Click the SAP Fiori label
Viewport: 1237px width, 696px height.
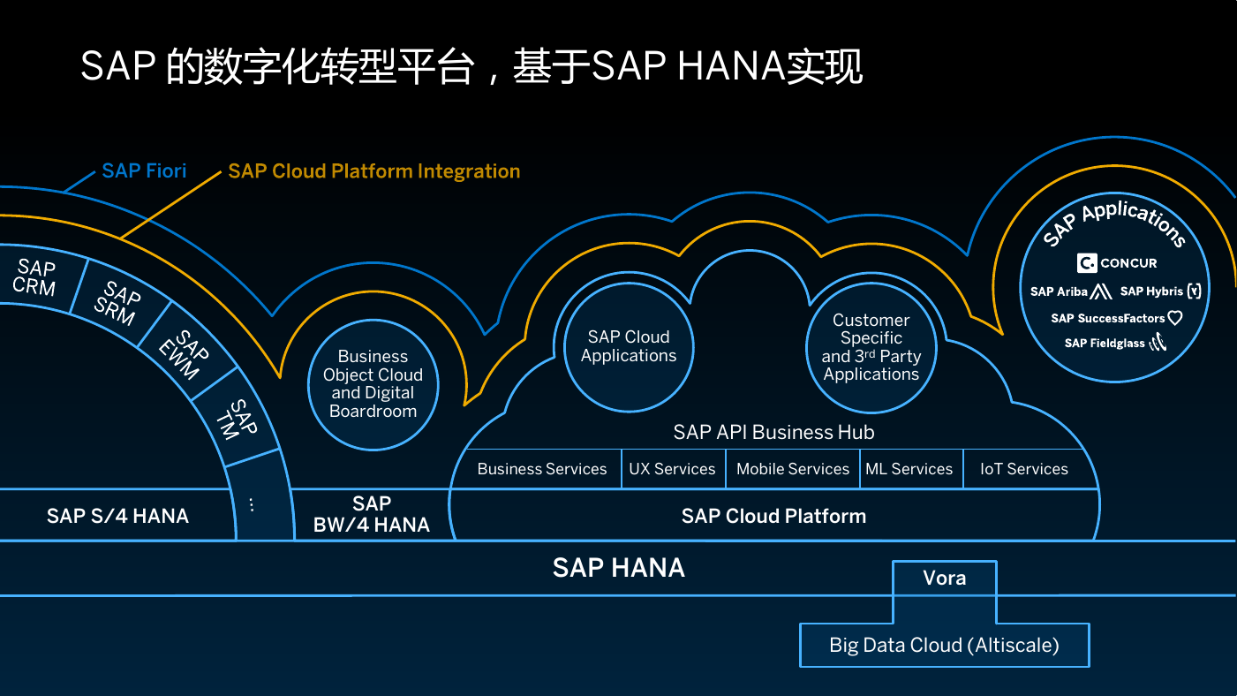(x=144, y=170)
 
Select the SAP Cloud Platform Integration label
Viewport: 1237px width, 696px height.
(x=373, y=171)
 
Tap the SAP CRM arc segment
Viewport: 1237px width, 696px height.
(x=38, y=277)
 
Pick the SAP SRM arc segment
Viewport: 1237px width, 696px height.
(x=117, y=303)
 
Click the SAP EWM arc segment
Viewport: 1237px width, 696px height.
(x=185, y=353)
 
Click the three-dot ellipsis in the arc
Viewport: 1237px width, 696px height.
(x=252, y=504)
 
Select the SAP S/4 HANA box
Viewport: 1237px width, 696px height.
(x=117, y=515)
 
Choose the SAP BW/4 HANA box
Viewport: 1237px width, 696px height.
(x=371, y=514)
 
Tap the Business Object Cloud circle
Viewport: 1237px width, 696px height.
(x=373, y=384)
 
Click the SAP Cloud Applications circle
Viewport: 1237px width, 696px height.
(x=629, y=346)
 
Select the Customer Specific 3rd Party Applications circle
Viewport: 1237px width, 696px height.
(x=871, y=347)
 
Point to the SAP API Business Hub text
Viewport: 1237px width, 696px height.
(x=773, y=432)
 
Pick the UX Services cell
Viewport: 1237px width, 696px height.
(x=673, y=469)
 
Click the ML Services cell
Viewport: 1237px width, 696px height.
(x=910, y=469)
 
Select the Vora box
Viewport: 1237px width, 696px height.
(x=945, y=578)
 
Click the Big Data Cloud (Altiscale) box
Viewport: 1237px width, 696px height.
(x=945, y=645)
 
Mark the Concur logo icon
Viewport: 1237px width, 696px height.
(x=1087, y=263)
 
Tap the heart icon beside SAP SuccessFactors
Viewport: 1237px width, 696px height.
(x=1175, y=318)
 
